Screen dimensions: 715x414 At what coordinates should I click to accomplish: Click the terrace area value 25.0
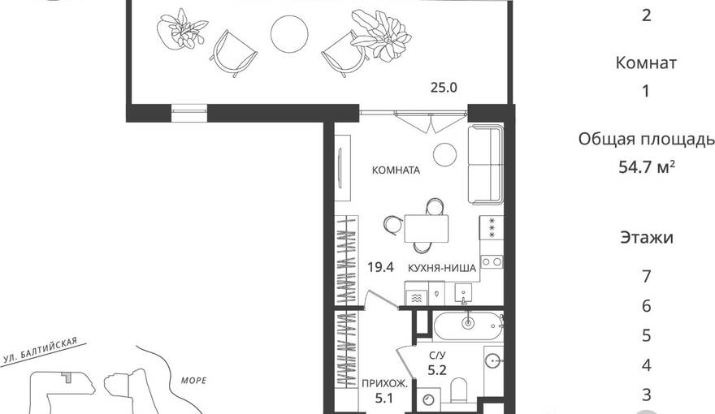click(x=444, y=88)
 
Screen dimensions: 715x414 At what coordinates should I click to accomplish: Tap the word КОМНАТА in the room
click(x=396, y=170)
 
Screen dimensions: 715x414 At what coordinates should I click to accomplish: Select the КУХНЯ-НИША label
click(x=441, y=268)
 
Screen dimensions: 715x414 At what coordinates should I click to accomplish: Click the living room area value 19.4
click(x=381, y=267)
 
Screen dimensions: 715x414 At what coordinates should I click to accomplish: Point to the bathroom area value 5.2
click(x=437, y=370)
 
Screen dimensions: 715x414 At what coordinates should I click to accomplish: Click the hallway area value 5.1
click(x=384, y=399)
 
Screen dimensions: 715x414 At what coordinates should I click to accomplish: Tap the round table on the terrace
click(x=289, y=34)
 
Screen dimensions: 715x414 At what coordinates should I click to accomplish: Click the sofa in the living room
click(x=486, y=165)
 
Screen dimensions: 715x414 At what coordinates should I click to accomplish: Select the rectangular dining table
click(x=426, y=228)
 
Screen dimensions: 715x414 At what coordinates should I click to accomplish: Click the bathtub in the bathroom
click(x=467, y=325)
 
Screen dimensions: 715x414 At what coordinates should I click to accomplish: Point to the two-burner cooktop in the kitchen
click(x=492, y=262)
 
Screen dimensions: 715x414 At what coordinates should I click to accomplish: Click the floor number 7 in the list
click(x=646, y=277)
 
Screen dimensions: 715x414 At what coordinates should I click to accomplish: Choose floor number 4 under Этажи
click(x=646, y=365)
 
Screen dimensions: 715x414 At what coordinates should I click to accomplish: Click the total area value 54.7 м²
click(x=647, y=167)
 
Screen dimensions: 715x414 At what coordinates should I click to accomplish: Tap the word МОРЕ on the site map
click(x=194, y=380)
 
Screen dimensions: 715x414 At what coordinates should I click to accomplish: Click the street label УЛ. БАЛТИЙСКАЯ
click(x=40, y=350)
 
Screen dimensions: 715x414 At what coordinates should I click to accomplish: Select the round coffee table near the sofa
click(x=444, y=154)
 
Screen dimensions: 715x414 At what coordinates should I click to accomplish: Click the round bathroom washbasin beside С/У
click(x=493, y=361)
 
